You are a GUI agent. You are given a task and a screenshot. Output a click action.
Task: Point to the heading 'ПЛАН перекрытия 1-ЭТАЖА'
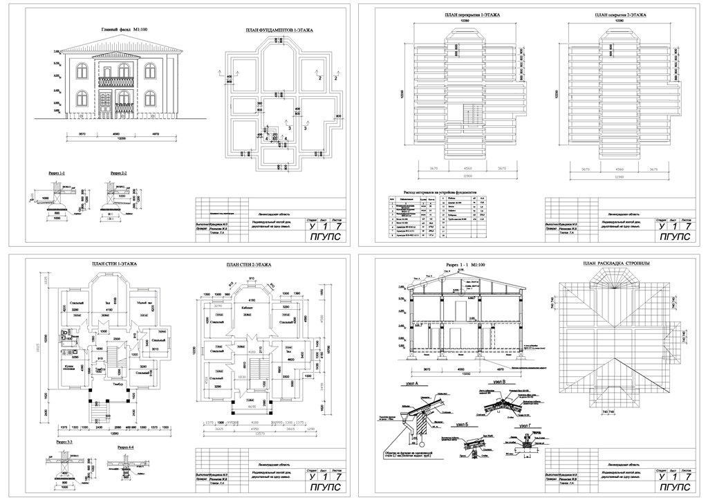tap(472, 15)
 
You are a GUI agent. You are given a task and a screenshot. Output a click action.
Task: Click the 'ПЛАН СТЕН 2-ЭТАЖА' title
tap(248, 265)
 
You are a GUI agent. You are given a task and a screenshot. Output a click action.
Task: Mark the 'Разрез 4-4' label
tap(126, 447)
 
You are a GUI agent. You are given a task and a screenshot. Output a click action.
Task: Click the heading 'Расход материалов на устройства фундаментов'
tap(440, 193)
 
